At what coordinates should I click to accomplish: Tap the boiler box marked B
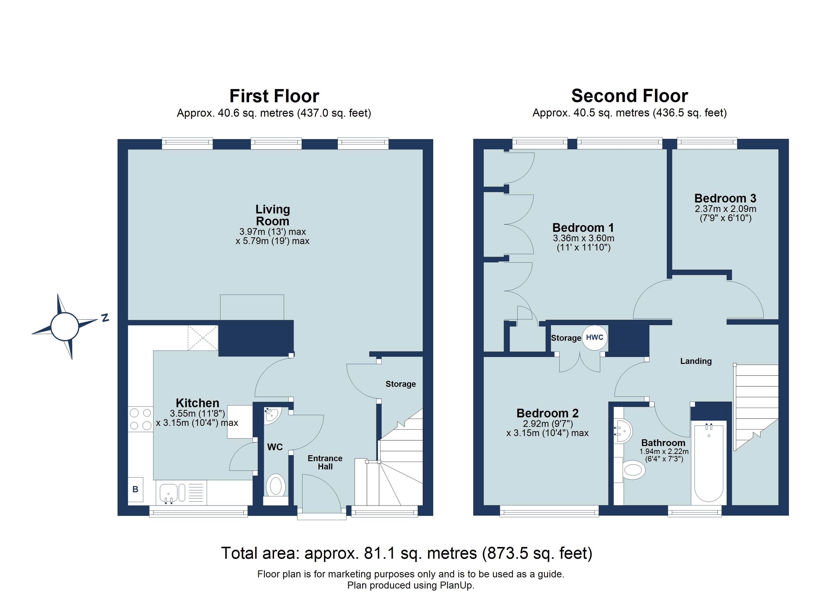click(x=135, y=490)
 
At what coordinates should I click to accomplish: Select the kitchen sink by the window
click(x=169, y=493)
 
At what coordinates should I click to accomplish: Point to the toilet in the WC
click(x=275, y=486)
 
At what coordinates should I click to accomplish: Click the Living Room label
click(x=273, y=215)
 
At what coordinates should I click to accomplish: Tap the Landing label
click(x=695, y=361)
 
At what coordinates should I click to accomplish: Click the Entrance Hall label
click(x=325, y=462)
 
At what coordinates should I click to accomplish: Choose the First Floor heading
click(x=274, y=96)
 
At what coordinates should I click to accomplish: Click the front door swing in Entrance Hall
click(x=321, y=494)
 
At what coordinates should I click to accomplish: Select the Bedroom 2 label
click(x=547, y=413)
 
